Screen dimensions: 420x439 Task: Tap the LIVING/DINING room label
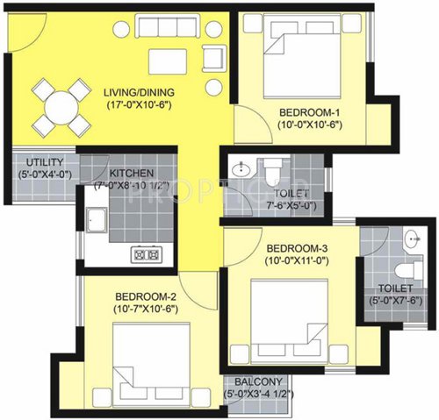[139, 92]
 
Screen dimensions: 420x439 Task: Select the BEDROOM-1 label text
[309, 112]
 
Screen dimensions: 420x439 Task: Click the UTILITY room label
[43, 162]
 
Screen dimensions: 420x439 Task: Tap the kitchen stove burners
[144, 253]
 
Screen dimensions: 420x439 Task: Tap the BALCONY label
[258, 382]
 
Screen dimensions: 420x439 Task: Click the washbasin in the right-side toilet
[412, 237]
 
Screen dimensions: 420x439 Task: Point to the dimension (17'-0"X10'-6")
[139, 105]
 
